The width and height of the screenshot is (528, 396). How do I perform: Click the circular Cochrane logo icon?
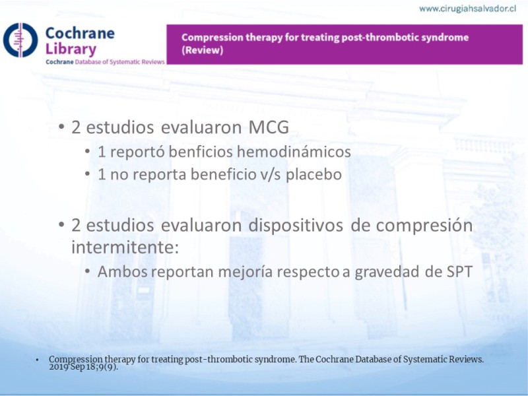[x=20, y=40]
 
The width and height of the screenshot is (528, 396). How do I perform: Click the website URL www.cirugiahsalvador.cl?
[x=468, y=9]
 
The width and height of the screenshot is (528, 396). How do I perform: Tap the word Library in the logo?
[x=71, y=49]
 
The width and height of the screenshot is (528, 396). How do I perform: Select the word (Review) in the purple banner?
[x=203, y=50]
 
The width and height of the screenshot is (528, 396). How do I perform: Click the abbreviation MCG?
[x=269, y=127]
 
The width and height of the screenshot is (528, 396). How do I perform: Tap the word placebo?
[x=314, y=174]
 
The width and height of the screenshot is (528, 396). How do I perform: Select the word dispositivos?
[x=296, y=226]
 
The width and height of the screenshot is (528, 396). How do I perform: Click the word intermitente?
[x=125, y=247]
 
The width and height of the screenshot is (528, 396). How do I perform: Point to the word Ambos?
[x=123, y=272]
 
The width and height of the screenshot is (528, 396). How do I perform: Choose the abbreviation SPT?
[x=459, y=272]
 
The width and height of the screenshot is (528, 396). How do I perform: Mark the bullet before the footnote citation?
[x=37, y=360]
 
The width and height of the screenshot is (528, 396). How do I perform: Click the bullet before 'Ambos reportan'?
[x=88, y=271]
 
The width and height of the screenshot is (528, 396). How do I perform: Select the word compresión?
[x=424, y=226]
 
